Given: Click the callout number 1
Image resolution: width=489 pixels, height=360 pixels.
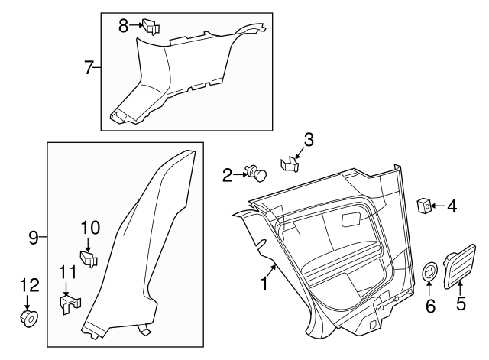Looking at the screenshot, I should (264, 285).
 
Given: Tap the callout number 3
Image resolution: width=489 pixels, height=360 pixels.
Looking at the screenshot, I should (308, 139).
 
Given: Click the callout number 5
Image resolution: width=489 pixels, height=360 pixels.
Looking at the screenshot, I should (460, 303).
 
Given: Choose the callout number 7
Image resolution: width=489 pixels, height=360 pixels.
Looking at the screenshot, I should (89, 68).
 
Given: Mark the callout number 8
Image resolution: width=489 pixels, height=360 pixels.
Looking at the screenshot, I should (123, 25).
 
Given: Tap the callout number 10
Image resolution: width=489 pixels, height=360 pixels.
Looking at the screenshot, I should (90, 227).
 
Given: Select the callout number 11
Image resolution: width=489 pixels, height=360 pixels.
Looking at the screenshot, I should (68, 273).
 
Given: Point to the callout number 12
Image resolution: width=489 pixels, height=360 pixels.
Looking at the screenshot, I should (28, 285).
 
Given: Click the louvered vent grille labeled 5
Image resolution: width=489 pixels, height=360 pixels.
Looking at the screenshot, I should (460, 264).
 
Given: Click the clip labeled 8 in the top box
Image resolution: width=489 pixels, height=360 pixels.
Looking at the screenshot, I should (151, 27).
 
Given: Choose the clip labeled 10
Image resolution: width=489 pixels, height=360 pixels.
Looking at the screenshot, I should (89, 258).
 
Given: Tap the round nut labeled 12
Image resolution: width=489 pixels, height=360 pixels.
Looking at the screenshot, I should (29, 317).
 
